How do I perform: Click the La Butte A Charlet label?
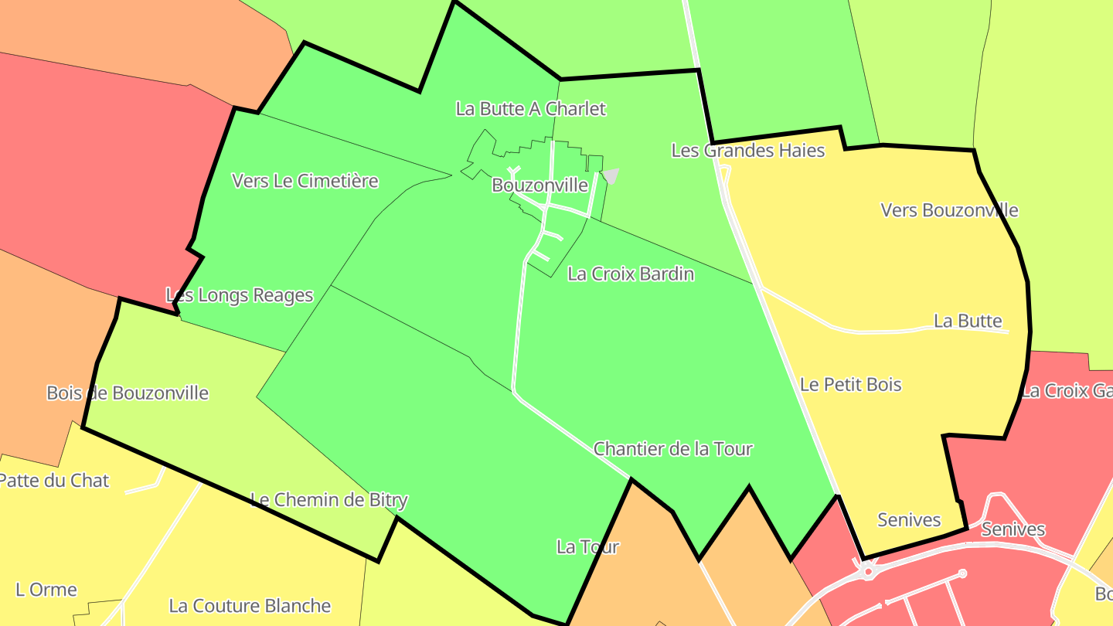pos(530,109)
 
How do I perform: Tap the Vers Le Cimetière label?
pos(305,181)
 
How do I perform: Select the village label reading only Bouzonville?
pos(539,185)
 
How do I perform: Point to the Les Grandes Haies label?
pos(747,150)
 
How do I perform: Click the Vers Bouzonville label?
pos(949,210)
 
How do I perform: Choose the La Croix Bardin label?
pos(630,274)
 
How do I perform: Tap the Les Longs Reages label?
pos(240,295)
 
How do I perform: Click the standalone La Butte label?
pos(968,321)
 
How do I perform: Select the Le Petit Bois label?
pos(850,384)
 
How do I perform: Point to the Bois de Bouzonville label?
pos(128,393)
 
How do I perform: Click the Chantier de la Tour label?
pos(672,448)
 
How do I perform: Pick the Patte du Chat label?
pos(54,480)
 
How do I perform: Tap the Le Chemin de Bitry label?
pos(328,500)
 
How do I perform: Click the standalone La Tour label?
pos(587,547)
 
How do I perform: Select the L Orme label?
pos(46,590)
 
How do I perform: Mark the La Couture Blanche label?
pos(250,605)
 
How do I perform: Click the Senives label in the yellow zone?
pos(909,520)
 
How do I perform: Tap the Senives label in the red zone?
pos(1013,529)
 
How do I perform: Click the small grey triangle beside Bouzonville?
pos(611,175)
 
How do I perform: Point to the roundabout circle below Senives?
pos(868,572)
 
